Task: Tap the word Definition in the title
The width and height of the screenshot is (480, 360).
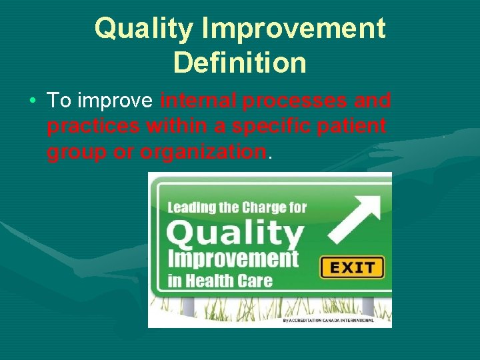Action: tap(239, 63)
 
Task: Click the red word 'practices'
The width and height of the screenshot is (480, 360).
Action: tap(94, 125)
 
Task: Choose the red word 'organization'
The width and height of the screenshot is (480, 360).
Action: tap(203, 152)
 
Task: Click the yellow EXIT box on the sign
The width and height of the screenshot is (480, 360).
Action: tap(352, 268)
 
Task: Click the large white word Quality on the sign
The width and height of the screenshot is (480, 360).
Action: tap(235, 235)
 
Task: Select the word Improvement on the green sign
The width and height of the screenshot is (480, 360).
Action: tap(233, 259)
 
